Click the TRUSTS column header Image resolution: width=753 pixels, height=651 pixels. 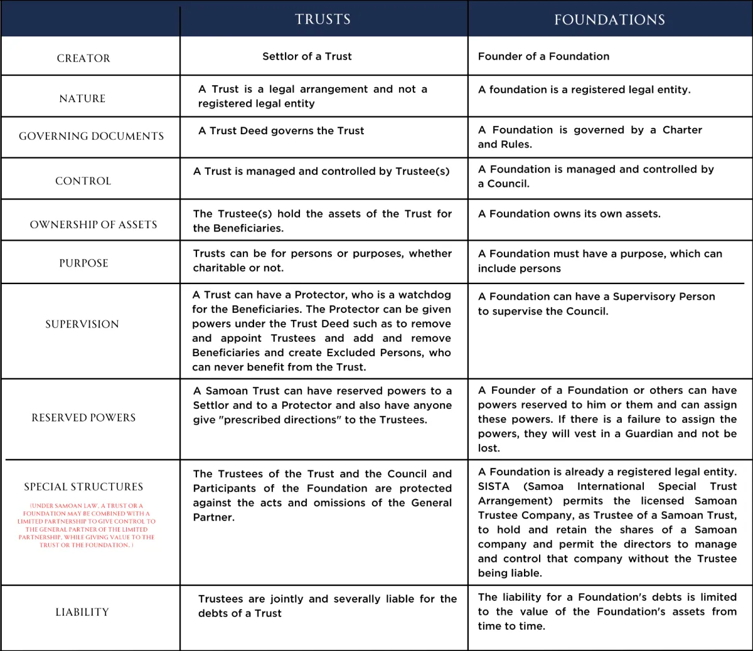(x=323, y=19)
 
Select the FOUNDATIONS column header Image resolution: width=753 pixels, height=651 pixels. (x=609, y=20)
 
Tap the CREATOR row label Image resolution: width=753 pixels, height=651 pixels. (x=83, y=58)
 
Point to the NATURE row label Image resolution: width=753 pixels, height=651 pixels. (x=82, y=98)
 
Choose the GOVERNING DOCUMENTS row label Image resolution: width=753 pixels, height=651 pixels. (x=91, y=136)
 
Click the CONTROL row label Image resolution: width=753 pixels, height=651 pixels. (x=83, y=181)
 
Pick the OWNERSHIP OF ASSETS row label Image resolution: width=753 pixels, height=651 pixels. (x=93, y=225)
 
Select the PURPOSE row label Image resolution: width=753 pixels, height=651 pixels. (x=83, y=263)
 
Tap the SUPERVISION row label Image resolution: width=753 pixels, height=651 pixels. (x=82, y=324)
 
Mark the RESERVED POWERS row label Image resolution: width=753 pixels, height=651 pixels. (x=83, y=418)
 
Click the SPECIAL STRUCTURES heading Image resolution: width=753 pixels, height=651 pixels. (x=83, y=487)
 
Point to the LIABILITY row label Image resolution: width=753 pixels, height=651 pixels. (x=82, y=612)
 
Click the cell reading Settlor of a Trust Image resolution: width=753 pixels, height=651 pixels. (x=307, y=56)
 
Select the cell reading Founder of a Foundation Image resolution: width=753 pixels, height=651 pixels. (x=543, y=56)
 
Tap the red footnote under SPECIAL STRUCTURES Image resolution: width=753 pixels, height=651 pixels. (x=86, y=526)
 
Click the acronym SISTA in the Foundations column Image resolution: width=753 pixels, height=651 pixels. (x=494, y=487)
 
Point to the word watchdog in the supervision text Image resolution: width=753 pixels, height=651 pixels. (x=425, y=295)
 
